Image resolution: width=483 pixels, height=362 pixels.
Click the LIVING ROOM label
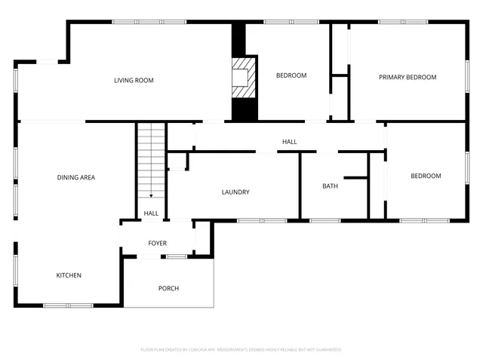click(x=134, y=81)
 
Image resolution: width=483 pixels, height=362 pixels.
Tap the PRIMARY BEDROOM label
click(x=408, y=77)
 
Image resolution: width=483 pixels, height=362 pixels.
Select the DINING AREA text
click(x=75, y=178)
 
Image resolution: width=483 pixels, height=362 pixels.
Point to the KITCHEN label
click(x=69, y=275)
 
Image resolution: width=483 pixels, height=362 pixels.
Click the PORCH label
click(x=168, y=289)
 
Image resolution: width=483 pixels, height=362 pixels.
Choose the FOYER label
click(x=157, y=244)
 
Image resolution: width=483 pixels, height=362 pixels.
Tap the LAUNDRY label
click(x=235, y=192)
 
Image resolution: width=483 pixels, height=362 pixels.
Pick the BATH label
click(x=330, y=186)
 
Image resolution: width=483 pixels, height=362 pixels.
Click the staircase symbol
click(x=151, y=162)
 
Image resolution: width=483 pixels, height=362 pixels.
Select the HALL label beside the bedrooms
click(x=289, y=142)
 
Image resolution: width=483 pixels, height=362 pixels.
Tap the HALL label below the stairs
click(x=151, y=213)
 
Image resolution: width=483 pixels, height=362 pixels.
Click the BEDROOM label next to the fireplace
click(x=291, y=75)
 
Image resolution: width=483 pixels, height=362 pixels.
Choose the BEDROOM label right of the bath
click(x=426, y=176)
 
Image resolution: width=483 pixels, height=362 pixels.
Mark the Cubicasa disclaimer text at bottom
click(x=241, y=350)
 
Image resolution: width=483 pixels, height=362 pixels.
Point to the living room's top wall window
click(x=140, y=22)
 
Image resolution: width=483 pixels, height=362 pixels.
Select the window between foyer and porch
click(x=177, y=257)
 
